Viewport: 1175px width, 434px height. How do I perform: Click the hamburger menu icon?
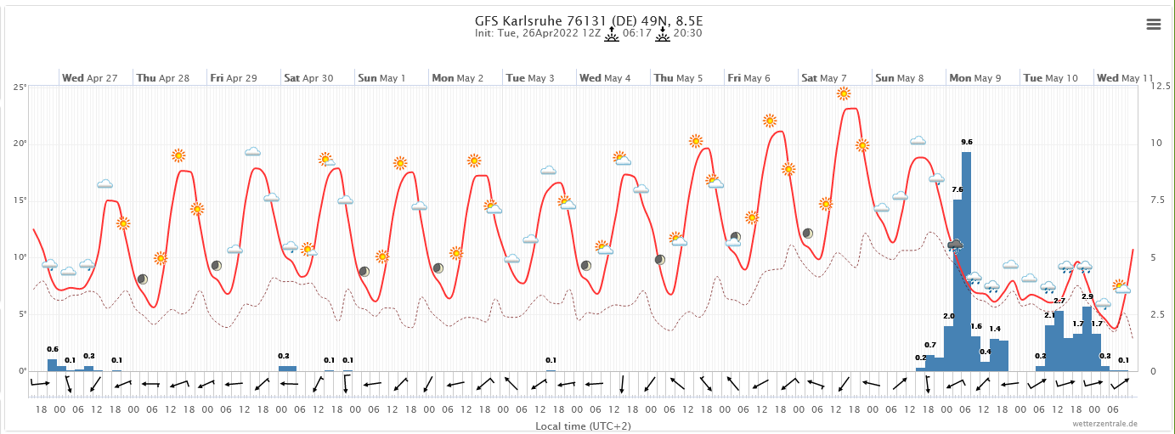click(1154, 24)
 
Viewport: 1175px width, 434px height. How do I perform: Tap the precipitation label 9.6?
click(967, 142)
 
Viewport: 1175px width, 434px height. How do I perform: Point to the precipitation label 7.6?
click(958, 189)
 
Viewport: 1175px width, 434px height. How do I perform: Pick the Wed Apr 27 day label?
click(89, 78)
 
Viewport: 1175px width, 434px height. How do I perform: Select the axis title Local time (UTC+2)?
click(583, 425)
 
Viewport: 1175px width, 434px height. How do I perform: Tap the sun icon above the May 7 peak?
click(844, 93)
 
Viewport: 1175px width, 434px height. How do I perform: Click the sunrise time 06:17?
click(636, 34)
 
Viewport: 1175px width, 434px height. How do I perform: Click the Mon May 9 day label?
click(974, 78)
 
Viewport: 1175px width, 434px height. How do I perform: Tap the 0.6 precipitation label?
click(53, 350)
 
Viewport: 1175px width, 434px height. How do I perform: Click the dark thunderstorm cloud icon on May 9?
click(956, 245)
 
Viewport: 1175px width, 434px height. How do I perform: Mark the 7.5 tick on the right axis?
click(1159, 200)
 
